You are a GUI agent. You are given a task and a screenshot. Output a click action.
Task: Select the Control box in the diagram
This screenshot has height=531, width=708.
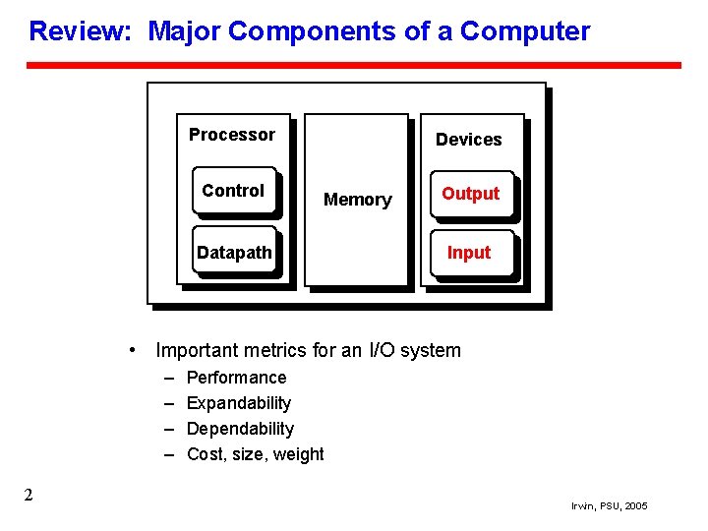pos(234,191)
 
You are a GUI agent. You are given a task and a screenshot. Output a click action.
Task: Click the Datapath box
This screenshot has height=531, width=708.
pos(234,253)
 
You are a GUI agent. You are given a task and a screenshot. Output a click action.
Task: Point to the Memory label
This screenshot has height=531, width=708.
pos(357,200)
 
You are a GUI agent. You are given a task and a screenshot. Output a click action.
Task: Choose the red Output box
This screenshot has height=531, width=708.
pos(470,194)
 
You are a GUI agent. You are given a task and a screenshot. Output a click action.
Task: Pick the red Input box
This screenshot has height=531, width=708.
pos(469,253)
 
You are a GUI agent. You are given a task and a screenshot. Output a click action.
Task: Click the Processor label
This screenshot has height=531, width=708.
pos(232,135)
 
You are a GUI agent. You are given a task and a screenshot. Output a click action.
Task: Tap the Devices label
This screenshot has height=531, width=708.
pos(468,140)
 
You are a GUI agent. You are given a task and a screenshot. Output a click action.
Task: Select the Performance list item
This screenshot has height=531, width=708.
pos(236,378)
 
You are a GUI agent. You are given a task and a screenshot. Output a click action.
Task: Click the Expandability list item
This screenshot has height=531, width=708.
pos(238,403)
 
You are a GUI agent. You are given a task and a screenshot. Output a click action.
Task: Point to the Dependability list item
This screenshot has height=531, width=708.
pos(240,429)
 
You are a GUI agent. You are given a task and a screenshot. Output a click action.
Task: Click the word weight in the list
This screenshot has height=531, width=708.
pos(299,454)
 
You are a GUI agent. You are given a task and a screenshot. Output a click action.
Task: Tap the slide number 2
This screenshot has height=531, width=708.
pos(29,495)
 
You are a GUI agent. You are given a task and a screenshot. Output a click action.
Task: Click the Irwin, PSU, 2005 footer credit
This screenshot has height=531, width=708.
pos(609,505)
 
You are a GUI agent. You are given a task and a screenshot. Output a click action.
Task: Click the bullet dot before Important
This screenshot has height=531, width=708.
pos(133,350)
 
